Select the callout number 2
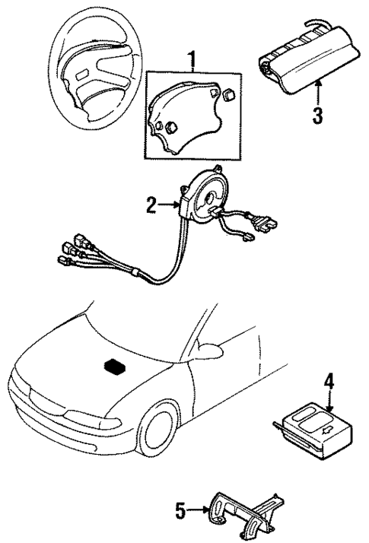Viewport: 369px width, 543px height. tap(152, 204)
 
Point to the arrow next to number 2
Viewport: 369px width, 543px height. tap(170, 204)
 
